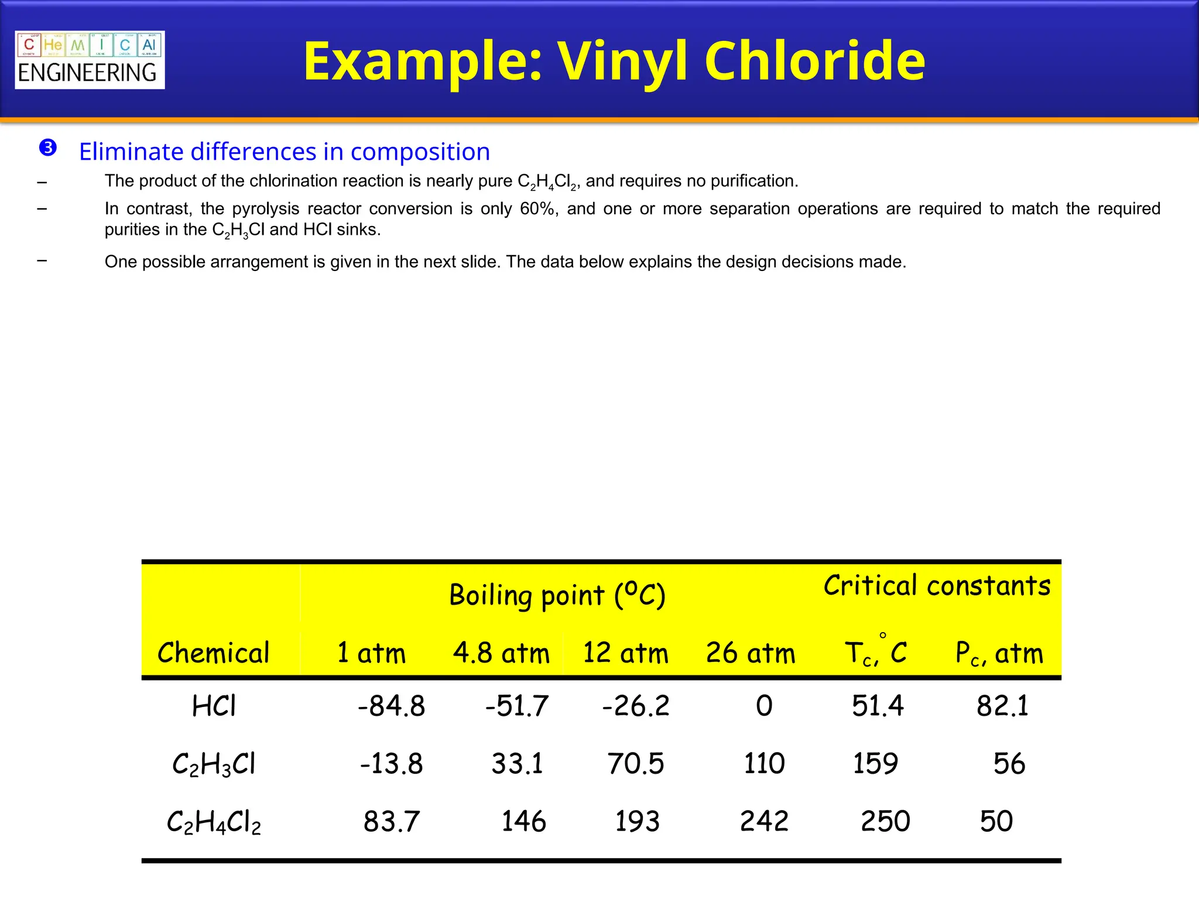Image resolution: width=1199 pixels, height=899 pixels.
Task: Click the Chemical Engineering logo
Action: (x=90, y=60)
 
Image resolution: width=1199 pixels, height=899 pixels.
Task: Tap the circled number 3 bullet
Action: (x=48, y=148)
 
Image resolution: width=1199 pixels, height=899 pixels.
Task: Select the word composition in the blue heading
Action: (x=420, y=152)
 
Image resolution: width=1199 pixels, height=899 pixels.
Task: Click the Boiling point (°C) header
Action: (x=557, y=595)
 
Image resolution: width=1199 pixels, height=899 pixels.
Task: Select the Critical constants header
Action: (x=937, y=585)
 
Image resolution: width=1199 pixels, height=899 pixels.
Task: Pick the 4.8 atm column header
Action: (x=501, y=653)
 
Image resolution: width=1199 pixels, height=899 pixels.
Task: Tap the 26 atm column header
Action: (x=751, y=653)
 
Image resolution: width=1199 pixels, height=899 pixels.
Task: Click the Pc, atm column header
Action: (x=999, y=653)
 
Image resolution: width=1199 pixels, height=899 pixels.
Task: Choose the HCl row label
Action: (x=214, y=706)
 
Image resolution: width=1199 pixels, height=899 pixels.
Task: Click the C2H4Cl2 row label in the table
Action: (x=214, y=822)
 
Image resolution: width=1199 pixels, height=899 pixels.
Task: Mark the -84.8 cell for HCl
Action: (x=391, y=706)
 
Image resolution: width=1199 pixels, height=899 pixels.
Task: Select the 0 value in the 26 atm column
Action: (x=764, y=706)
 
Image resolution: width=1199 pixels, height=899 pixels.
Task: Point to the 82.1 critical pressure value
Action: (x=1002, y=706)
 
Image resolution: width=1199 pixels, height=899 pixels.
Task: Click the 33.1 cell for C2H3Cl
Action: (x=517, y=764)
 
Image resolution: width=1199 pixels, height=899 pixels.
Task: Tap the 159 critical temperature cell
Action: (x=875, y=764)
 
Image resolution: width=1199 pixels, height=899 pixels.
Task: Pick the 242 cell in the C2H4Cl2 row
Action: (x=764, y=821)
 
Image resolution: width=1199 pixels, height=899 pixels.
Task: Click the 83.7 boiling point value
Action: (x=391, y=821)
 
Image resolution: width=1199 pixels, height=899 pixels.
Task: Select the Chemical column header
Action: (x=214, y=653)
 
